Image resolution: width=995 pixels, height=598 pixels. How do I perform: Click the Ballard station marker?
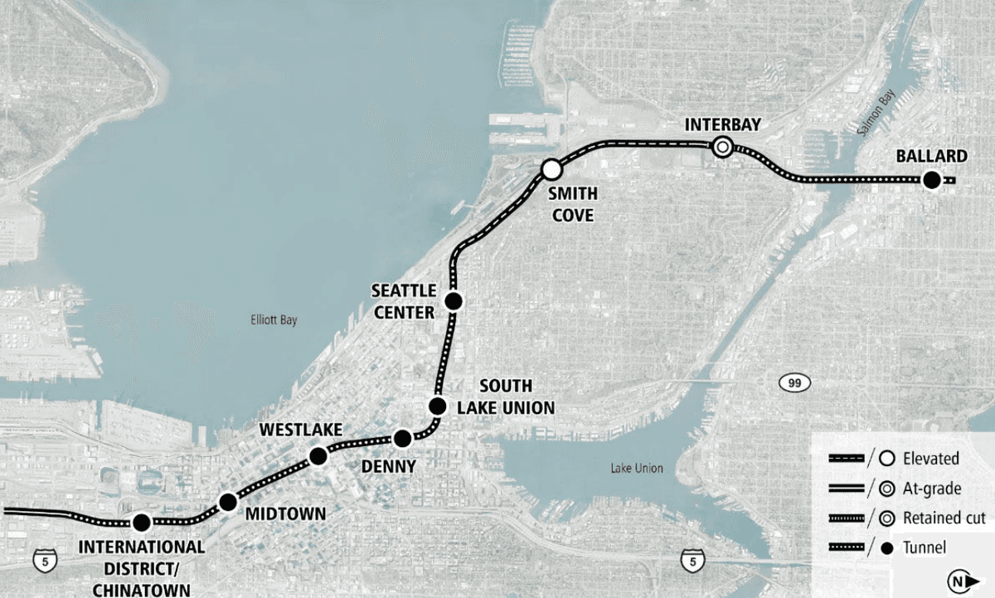tap(931, 180)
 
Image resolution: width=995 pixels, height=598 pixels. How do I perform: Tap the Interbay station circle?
tap(722, 147)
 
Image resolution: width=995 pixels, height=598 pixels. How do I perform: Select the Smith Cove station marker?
tap(551, 170)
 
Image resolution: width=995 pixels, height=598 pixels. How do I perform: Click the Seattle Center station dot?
tap(454, 300)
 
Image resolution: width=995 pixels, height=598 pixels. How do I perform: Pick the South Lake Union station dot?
tap(437, 406)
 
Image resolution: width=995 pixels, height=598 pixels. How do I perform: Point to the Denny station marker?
tap(402, 438)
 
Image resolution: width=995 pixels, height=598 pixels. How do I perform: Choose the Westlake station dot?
tap(318, 455)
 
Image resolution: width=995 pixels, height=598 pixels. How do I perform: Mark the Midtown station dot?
tap(228, 501)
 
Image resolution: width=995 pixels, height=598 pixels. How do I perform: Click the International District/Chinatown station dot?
tap(141, 523)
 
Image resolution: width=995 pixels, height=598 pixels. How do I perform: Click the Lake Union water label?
tap(636, 469)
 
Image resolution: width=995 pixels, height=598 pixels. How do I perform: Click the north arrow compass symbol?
tap(959, 582)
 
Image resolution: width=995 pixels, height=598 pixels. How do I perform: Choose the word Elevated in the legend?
tap(931, 459)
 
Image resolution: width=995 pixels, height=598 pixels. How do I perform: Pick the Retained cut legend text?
tap(944, 518)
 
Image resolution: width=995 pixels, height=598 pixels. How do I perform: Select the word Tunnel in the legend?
tap(926, 547)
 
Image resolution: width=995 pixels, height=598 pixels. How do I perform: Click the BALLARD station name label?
tap(931, 157)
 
